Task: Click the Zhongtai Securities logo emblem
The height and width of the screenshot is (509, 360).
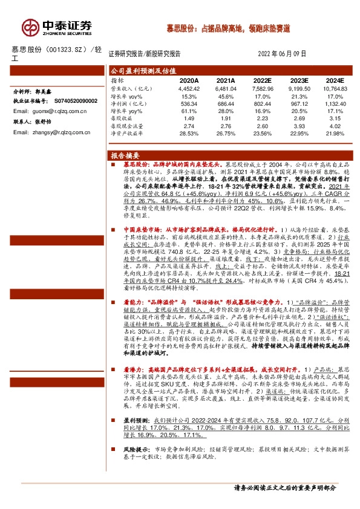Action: [x=30, y=27]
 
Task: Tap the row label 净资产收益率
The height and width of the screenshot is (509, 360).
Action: [x=126, y=135]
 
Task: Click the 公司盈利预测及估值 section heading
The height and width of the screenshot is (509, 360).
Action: [x=138, y=70]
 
